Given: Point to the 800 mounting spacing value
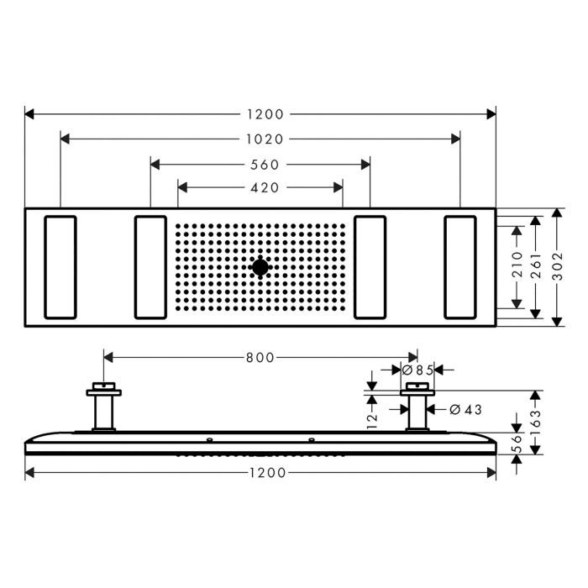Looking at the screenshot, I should point(260,358).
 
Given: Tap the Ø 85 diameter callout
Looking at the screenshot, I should point(417,370).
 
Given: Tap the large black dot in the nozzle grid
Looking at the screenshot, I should point(260,268).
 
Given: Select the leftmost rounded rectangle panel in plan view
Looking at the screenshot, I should point(60,268).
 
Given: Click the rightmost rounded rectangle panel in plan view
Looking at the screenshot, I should point(460,268).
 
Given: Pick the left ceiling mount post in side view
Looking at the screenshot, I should point(103,408).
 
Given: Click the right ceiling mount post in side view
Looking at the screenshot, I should point(417,408).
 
